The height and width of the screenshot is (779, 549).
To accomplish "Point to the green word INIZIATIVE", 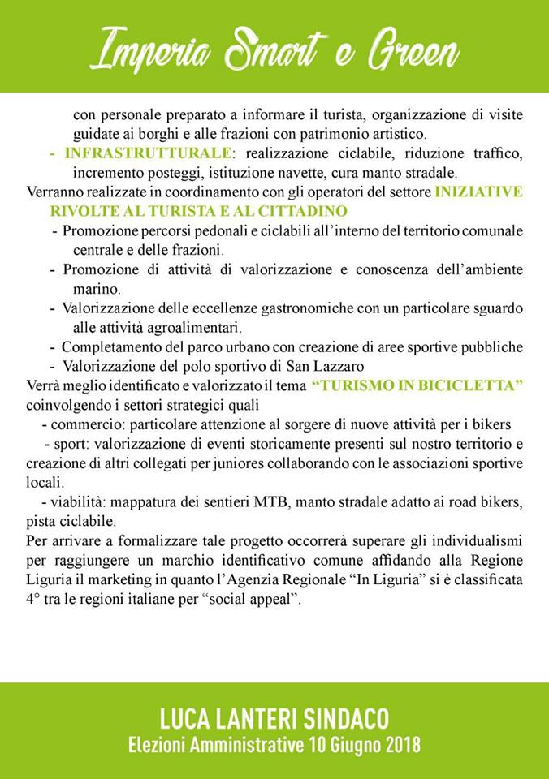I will tap(478, 192).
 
